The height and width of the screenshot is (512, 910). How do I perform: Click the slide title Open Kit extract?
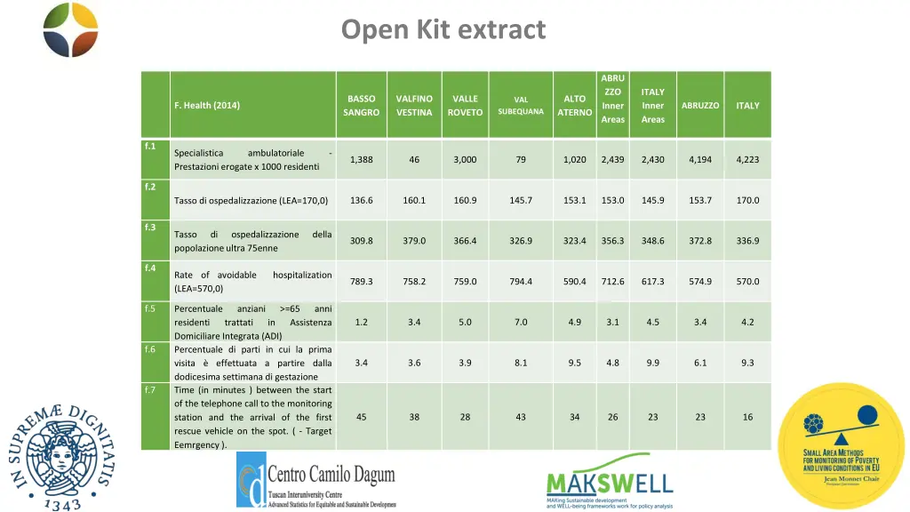(443, 30)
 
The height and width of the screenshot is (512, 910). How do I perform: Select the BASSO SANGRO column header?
(361, 106)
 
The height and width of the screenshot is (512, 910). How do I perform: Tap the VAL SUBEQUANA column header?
(521, 106)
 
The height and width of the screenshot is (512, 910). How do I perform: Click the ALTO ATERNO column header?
(574, 106)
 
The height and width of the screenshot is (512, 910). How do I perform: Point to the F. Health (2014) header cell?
(207, 106)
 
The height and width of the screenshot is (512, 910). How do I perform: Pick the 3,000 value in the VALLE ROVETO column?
(465, 160)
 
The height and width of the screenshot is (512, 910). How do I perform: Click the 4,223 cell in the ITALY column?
(747, 160)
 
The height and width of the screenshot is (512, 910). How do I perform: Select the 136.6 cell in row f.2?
(361, 200)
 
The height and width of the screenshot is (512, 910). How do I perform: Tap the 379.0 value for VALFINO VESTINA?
(414, 241)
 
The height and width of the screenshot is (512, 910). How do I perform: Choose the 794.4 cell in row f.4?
(521, 282)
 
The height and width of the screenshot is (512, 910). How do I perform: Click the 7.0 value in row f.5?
(521, 322)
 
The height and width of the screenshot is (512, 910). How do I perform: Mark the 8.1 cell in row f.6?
(521, 363)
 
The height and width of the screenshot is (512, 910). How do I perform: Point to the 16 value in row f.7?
(747, 417)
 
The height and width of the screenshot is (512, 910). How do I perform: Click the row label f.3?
(150, 228)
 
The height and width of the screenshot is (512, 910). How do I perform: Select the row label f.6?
(150, 349)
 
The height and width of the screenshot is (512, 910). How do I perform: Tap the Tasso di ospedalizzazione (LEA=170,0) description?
(251, 201)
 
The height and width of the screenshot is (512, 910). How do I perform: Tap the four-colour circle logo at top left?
(70, 29)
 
